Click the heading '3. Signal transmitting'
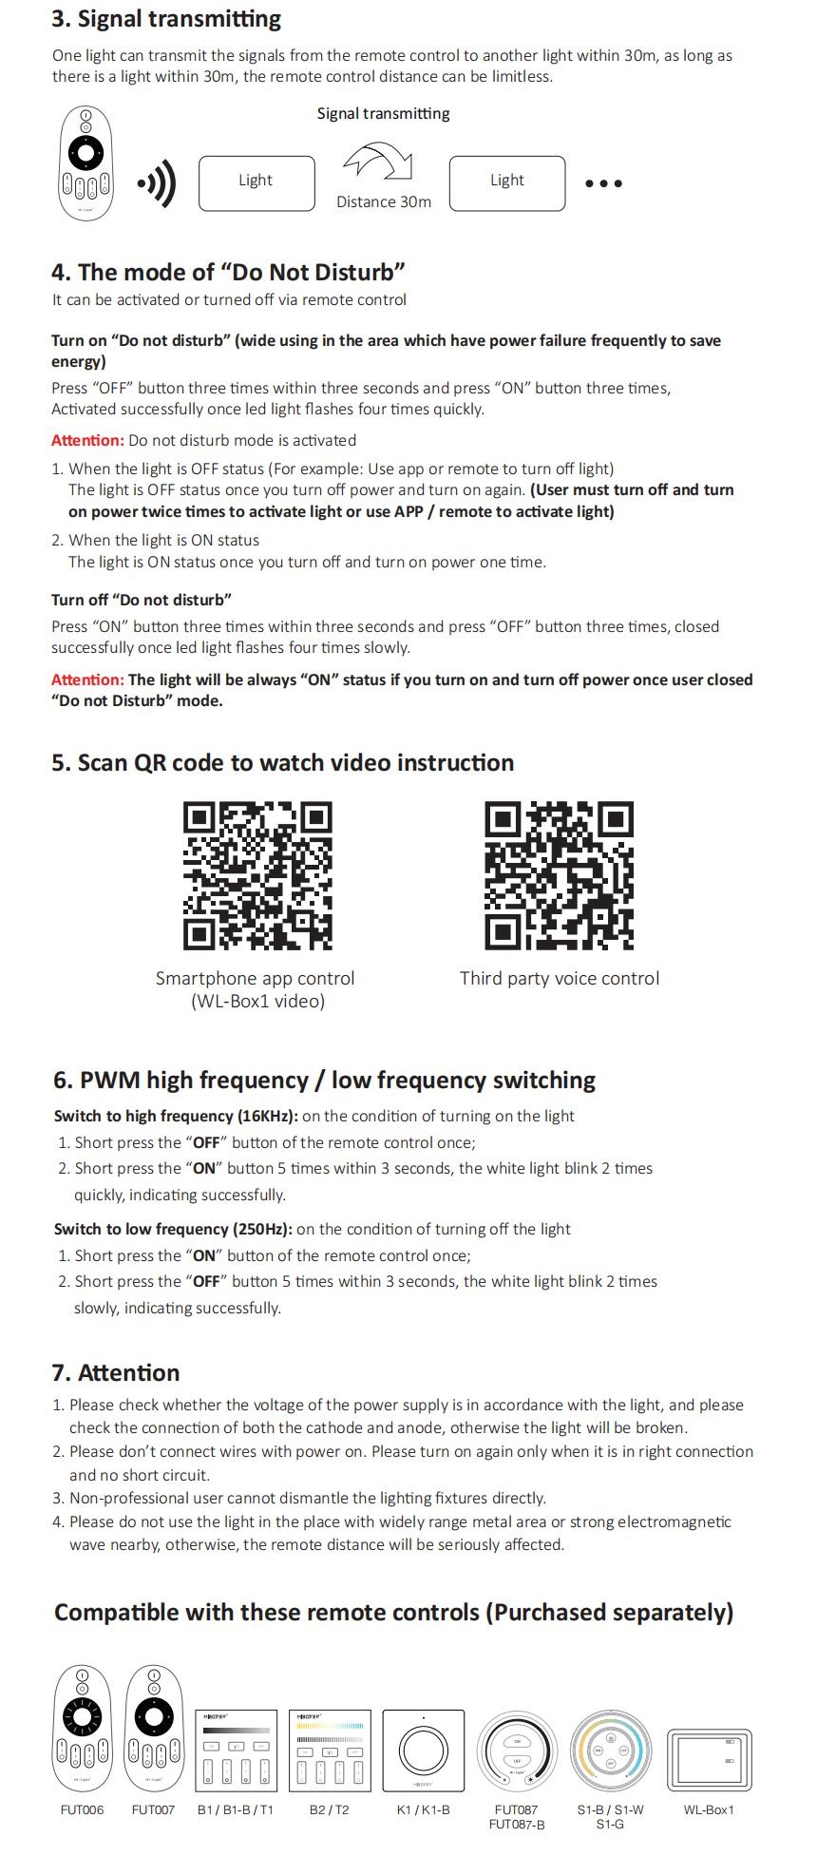[x=166, y=19]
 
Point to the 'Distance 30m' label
[x=384, y=202]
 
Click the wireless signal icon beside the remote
[x=158, y=182]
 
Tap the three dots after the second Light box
[x=603, y=183]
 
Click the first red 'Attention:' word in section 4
[x=87, y=440]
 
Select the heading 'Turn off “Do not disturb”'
[x=142, y=600]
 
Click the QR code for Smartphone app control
[x=257, y=875]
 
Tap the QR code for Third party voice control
[x=559, y=875]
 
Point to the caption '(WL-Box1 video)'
[x=257, y=1001]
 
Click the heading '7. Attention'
[x=116, y=1372]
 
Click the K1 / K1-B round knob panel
[x=423, y=1749]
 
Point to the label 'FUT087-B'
[x=516, y=1824]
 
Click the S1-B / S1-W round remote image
[x=610, y=1749]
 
